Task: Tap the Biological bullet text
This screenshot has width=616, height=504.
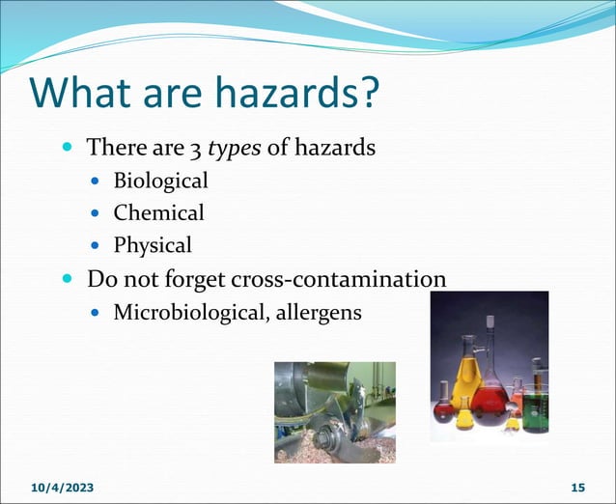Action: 160,181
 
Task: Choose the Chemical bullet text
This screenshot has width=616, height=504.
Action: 158,212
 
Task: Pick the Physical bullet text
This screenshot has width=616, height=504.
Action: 153,244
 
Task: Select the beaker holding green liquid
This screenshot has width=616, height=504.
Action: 536,406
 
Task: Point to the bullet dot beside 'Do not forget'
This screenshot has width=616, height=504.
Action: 68,280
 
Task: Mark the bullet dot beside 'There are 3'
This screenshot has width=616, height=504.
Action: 68,149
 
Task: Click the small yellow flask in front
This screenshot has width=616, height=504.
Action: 464,417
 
